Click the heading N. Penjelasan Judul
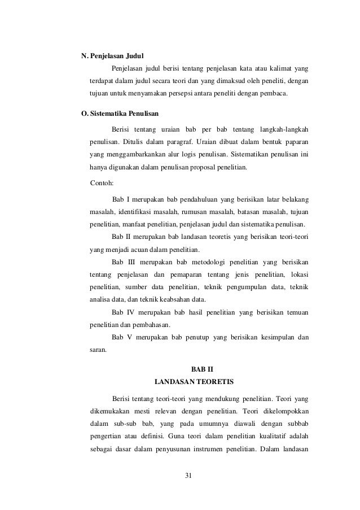pos(113,56)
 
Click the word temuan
pos(297,312)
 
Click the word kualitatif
pos(272,437)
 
